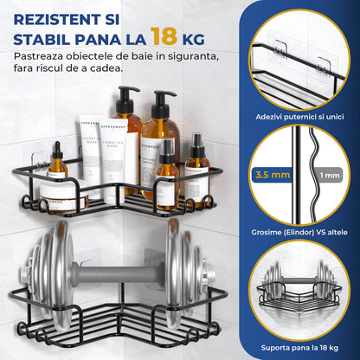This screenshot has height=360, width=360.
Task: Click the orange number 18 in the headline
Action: pos(164,35)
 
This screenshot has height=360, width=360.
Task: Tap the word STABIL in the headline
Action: pos(42,38)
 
